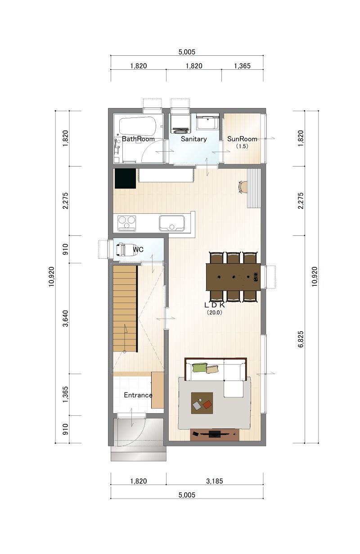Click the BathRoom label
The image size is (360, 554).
click(138, 139)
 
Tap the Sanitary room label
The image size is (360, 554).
click(194, 139)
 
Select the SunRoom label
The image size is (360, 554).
click(242, 139)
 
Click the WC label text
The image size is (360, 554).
click(138, 249)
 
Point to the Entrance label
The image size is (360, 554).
click(138, 395)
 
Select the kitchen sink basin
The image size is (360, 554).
click(172, 223)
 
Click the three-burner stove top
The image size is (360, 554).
click(127, 223)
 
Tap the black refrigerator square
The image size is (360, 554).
click(126, 178)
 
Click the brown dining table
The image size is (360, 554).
click(233, 277)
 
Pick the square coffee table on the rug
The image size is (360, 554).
click(202, 403)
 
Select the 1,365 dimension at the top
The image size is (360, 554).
click(242, 66)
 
